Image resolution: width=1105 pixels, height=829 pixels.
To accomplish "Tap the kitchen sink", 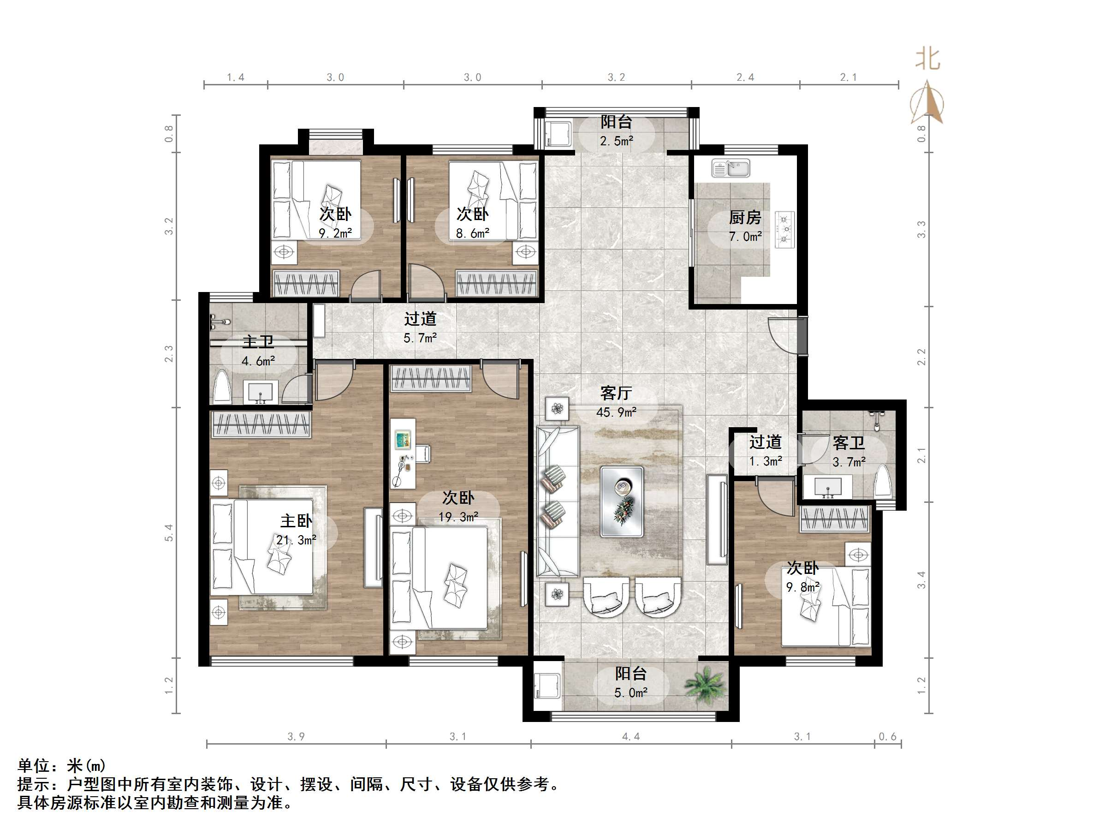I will (x=731, y=168).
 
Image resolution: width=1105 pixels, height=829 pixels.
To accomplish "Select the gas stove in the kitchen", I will (x=785, y=230).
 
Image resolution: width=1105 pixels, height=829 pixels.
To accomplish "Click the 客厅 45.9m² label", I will (x=616, y=402).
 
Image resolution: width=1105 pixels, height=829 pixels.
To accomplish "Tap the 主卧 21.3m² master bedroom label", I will (x=296, y=530).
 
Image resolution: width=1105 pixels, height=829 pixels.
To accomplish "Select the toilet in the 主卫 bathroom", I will (x=222, y=387).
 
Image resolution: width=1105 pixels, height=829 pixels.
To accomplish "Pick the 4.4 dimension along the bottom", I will (x=630, y=737).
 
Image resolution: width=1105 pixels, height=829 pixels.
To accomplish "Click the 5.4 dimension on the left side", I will (x=169, y=532).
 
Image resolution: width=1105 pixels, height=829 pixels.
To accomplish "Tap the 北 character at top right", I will (x=927, y=60).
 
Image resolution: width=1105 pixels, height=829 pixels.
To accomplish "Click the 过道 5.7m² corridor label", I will (x=420, y=328).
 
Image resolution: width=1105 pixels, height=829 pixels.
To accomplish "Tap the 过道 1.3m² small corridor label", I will (x=765, y=451).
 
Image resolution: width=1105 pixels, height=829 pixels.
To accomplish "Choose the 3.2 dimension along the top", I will (x=617, y=78).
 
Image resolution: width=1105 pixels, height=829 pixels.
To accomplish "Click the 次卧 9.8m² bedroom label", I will (x=803, y=577).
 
